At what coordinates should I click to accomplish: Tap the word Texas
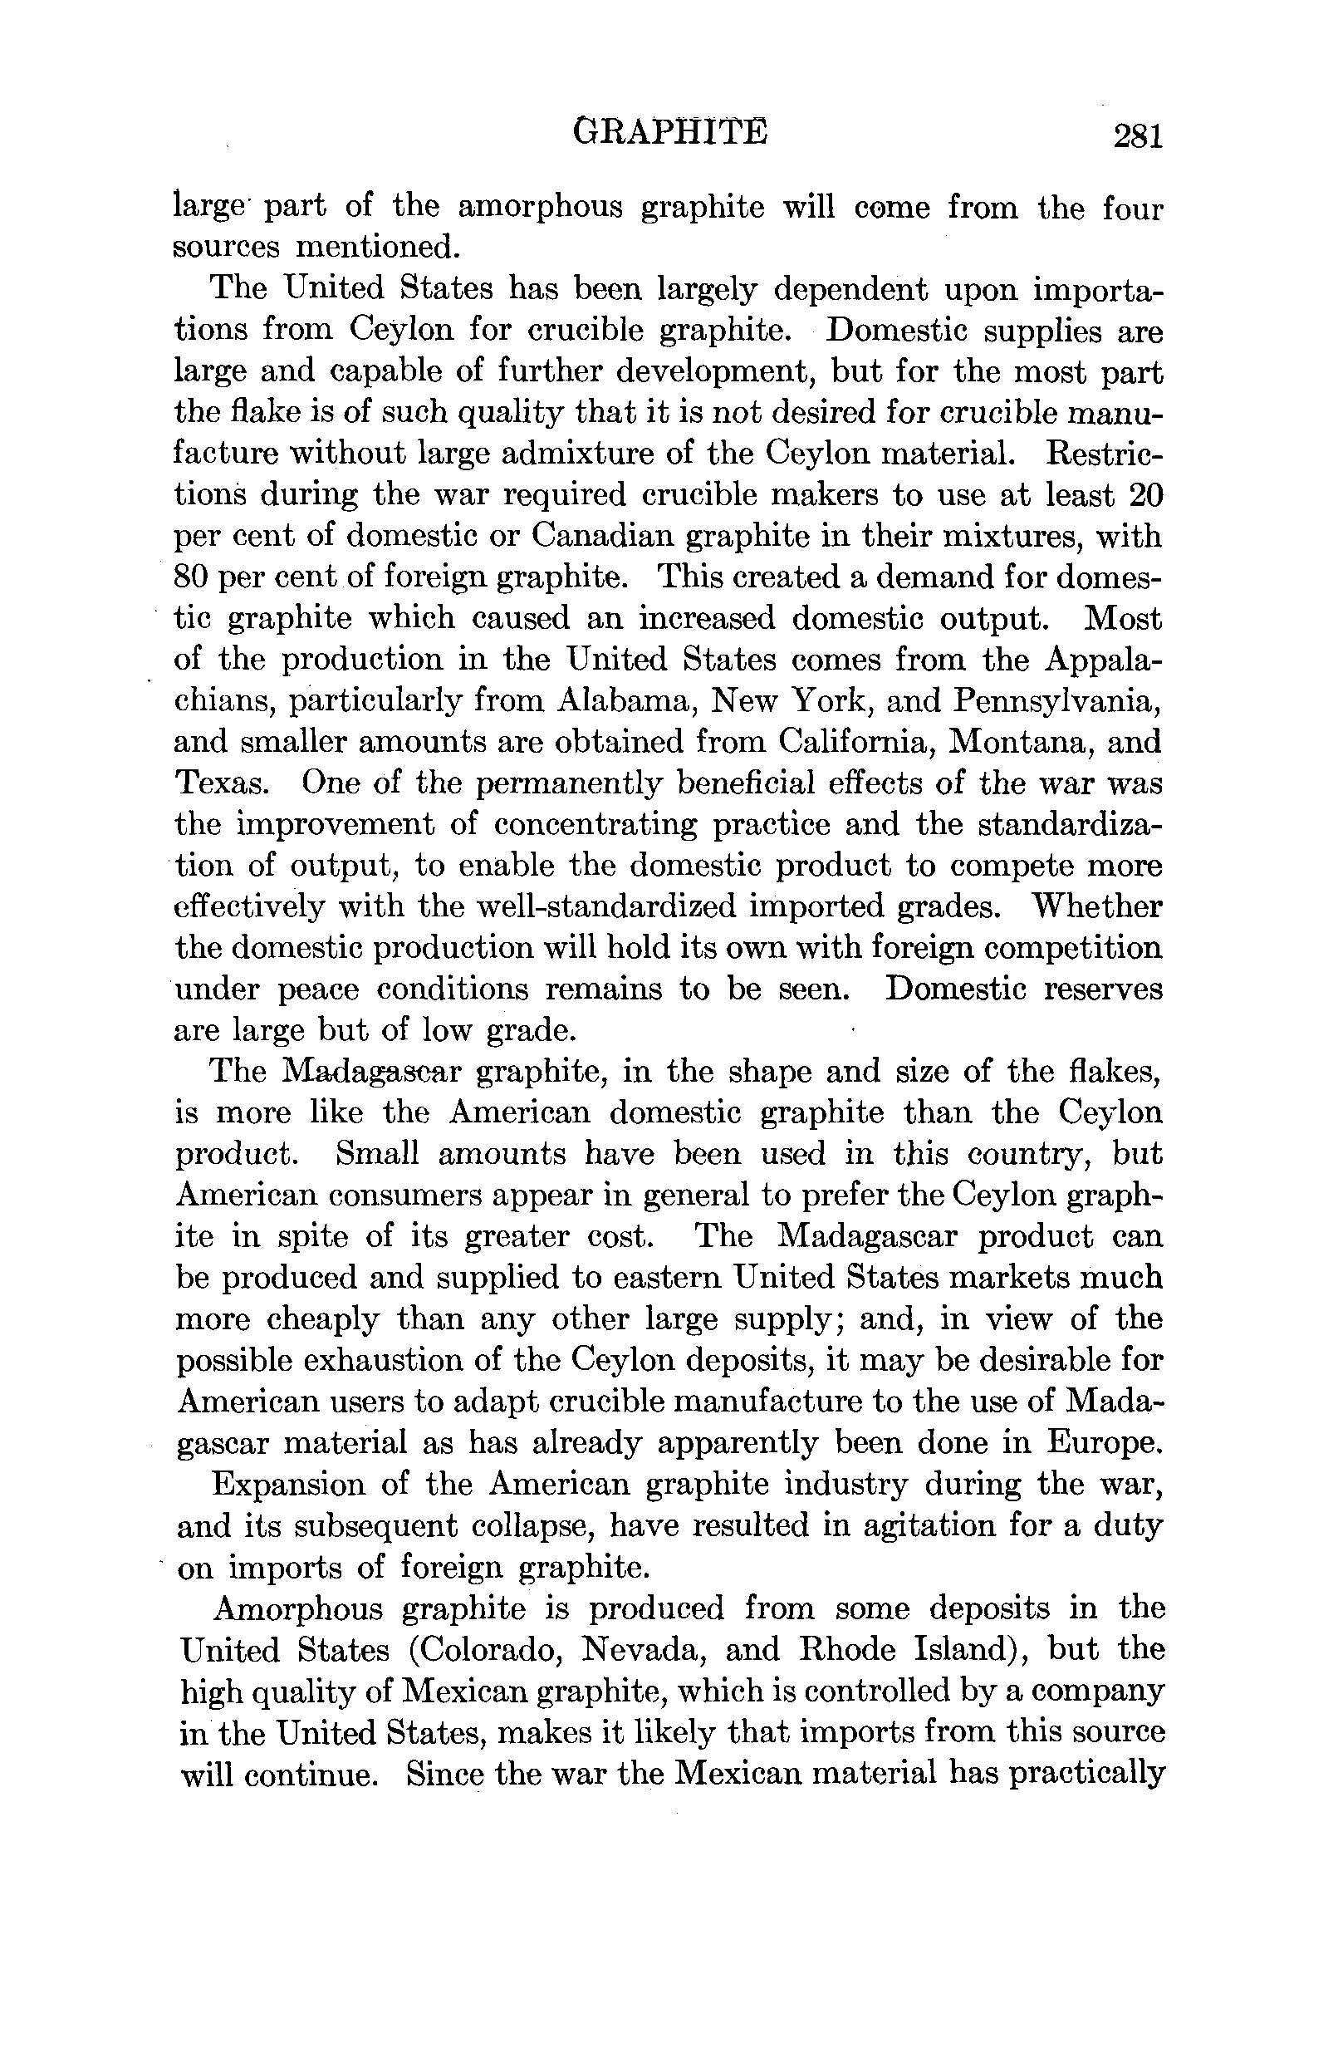[220, 783]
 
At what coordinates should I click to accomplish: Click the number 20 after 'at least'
[1145, 494]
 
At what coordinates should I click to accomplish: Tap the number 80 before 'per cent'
[190, 577]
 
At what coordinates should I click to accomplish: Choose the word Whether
[1096, 906]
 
